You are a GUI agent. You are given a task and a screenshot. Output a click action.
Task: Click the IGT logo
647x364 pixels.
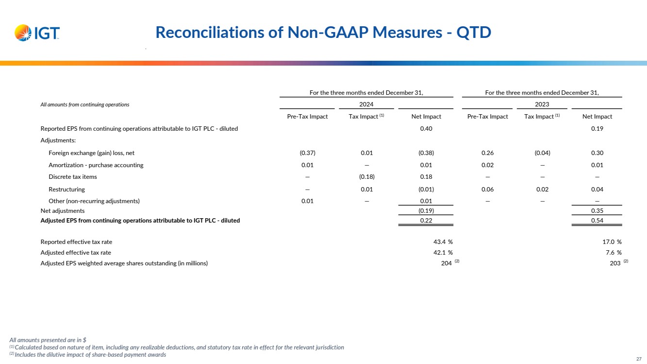37,33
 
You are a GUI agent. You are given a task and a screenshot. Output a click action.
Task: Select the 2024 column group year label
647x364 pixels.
366,104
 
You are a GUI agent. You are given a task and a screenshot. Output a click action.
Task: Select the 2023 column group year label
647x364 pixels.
542,104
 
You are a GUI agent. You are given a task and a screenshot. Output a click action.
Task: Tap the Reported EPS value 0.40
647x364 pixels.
426,128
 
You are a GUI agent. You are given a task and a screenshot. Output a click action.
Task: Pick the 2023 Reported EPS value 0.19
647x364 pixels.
597,128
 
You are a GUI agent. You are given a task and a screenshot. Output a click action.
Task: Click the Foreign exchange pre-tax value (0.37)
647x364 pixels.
307,153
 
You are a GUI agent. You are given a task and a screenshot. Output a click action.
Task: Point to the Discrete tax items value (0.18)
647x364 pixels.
366,177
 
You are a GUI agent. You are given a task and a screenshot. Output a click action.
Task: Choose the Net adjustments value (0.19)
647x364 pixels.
426,211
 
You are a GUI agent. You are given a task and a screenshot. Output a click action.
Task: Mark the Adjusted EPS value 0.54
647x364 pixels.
597,221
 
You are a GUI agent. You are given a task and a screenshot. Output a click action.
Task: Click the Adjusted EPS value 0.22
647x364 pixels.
426,221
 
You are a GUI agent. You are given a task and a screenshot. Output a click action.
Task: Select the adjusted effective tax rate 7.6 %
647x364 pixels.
612,252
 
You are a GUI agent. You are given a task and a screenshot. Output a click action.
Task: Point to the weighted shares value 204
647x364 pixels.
446,263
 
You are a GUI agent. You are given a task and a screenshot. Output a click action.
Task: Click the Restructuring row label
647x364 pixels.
66,189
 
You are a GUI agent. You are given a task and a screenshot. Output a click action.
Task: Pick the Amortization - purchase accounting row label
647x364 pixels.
96,165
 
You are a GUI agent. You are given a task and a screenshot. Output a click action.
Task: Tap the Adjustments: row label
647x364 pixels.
58,140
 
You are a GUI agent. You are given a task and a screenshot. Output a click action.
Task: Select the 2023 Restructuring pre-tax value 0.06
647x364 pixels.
487,189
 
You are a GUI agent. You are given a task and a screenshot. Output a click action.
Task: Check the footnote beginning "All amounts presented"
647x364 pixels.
48,340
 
